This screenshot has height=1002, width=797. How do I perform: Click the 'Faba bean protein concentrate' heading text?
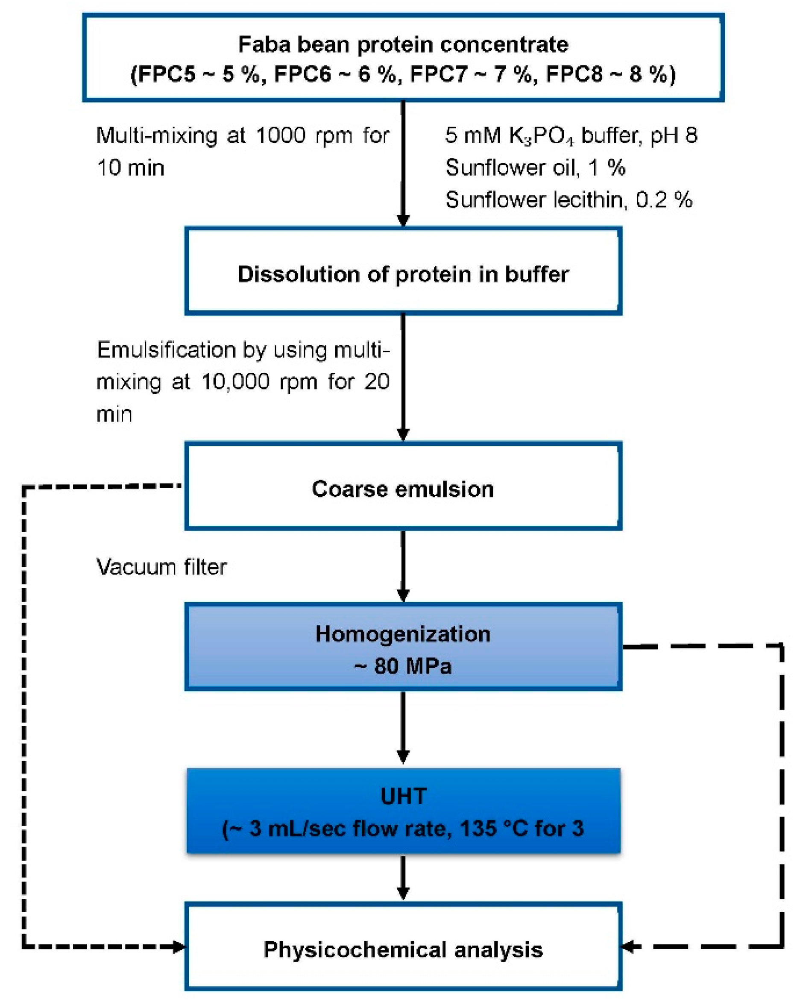[x=403, y=44]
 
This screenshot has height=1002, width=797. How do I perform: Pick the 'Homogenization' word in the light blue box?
[x=403, y=634]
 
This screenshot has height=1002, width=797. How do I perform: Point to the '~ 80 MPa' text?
[x=403, y=666]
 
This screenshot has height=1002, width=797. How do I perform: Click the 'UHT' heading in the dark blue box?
[x=403, y=796]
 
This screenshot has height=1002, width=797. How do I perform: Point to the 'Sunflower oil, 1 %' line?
[x=535, y=167]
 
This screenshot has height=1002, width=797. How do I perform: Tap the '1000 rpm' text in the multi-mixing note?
[x=280, y=136]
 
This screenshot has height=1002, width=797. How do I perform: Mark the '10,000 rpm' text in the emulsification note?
[x=236, y=382]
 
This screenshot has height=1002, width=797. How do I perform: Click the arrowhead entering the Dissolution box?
[x=403, y=220]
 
